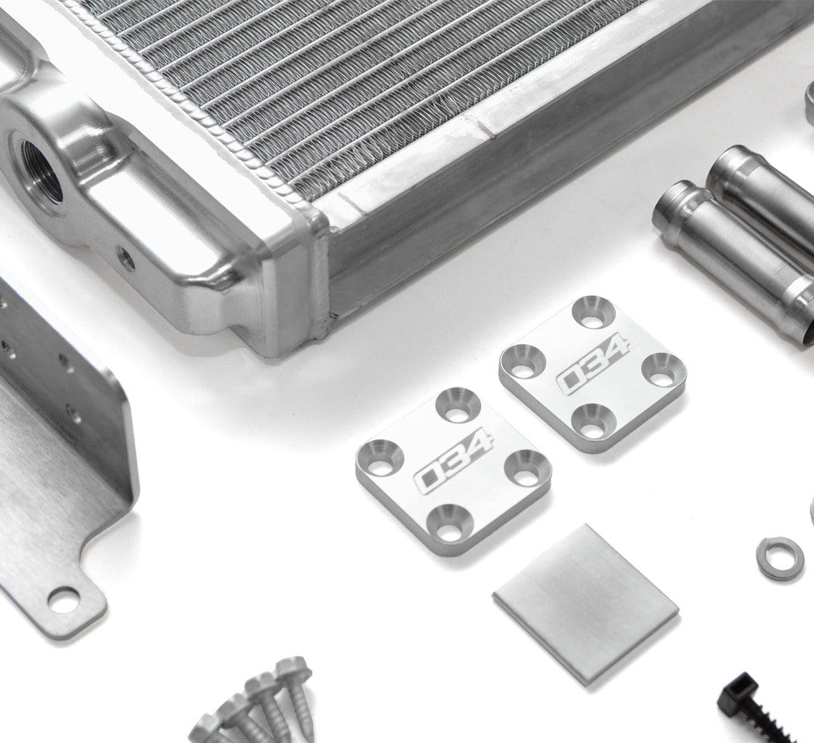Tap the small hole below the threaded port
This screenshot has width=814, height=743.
point(127,259)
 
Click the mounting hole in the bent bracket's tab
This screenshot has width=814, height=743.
point(63,599)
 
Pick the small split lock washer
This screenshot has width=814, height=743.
point(780,558)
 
